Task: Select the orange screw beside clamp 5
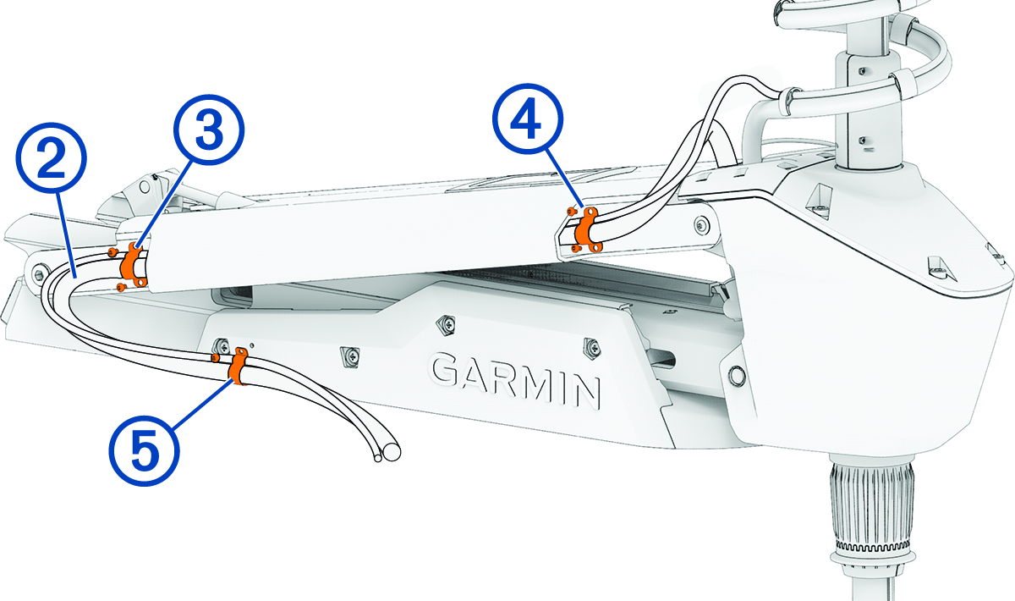pyautogui.click(x=217, y=358)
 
